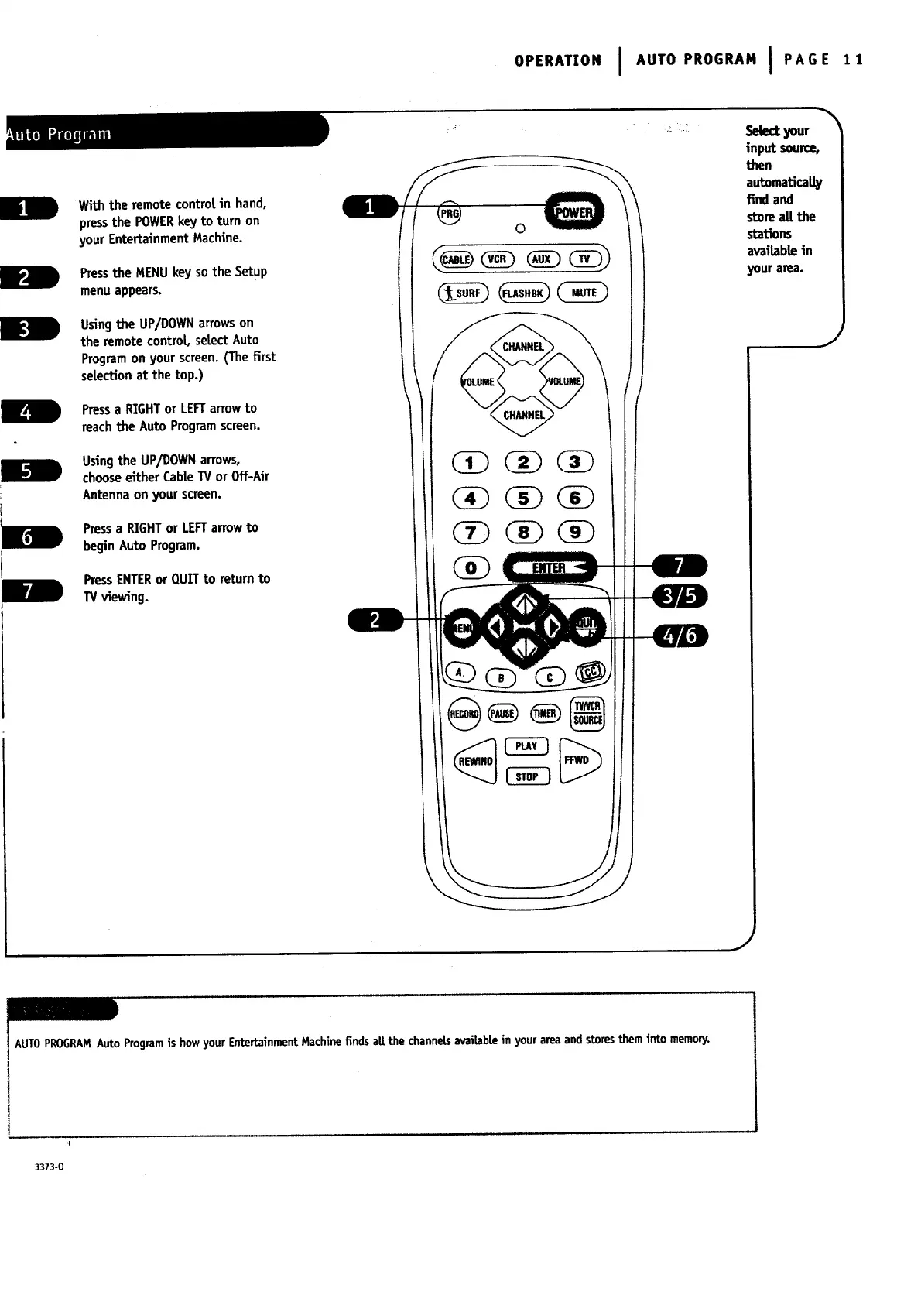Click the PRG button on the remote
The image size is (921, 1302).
click(x=449, y=213)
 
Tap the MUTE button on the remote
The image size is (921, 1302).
click(x=584, y=293)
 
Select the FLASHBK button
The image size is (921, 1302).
click(x=525, y=293)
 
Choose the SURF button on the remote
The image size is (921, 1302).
click(x=463, y=293)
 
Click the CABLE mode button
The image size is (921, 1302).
click(x=455, y=259)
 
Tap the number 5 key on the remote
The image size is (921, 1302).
click(x=524, y=498)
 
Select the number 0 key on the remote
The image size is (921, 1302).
click(x=471, y=568)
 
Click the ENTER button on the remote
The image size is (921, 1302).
click(x=550, y=568)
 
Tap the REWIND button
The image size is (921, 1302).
click(x=475, y=761)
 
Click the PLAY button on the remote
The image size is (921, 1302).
click(x=526, y=746)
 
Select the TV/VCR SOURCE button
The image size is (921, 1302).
click(x=587, y=713)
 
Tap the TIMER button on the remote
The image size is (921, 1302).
click(x=545, y=713)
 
